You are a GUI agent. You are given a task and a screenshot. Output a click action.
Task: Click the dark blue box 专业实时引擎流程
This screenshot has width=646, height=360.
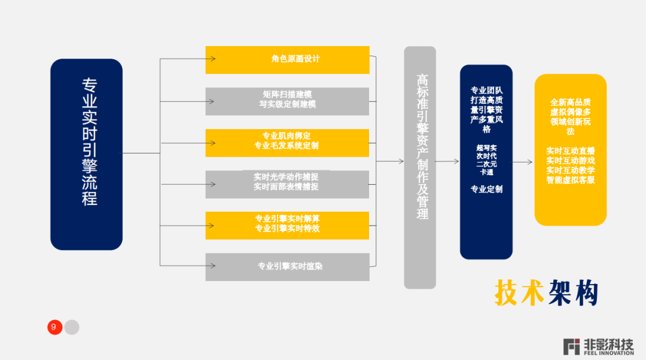coord(86,154)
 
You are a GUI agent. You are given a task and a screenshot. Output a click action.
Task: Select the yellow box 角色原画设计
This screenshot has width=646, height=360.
coord(287,59)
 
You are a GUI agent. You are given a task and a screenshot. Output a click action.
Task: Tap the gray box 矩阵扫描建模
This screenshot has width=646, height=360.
coord(287,101)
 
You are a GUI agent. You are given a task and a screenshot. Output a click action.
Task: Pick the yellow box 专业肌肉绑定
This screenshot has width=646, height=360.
coord(287,142)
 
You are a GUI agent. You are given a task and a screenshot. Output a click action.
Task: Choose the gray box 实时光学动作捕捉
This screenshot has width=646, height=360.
coord(287,184)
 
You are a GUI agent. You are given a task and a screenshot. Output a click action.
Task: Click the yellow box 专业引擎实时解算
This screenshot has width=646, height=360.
coord(287,225)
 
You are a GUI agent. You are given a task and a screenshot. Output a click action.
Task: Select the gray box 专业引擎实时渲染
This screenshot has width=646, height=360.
coord(287,267)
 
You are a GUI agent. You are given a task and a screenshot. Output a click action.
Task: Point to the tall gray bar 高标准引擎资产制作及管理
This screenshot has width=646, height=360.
coord(420,167)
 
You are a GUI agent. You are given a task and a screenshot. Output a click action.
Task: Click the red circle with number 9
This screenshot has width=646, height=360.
coord(54,327)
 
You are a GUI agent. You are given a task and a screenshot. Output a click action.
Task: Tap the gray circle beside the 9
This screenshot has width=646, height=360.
coord(72,327)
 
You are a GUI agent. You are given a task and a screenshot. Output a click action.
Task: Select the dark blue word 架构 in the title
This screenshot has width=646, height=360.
coord(573,293)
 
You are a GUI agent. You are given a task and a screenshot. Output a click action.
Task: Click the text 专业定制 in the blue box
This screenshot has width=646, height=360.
coord(486,190)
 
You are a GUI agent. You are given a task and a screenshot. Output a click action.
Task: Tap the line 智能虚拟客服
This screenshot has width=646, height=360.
coord(571,180)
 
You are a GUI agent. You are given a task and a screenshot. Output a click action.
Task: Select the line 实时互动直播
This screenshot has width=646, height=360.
coord(571,151)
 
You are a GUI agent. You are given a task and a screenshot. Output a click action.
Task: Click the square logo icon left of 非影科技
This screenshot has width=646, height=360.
coord(572,346)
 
